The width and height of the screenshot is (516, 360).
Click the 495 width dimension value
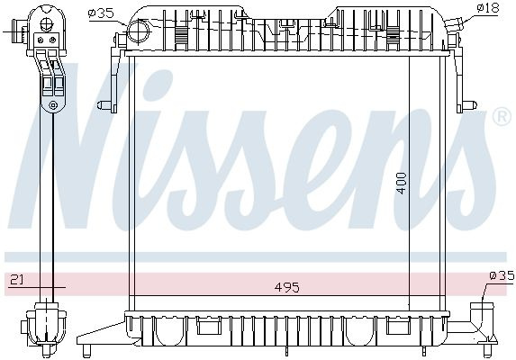[x=287, y=287]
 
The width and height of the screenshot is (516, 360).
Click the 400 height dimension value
[x=402, y=183]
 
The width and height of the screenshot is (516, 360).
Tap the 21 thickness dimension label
[x=16, y=280]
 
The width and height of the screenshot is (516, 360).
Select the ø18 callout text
[x=489, y=7]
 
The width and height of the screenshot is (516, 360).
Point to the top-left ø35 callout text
[x=101, y=13]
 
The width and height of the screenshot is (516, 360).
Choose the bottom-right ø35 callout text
[x=502, y=275]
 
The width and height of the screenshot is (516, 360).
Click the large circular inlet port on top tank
[x=138, y=31]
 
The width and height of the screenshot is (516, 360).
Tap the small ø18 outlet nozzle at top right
[x=454, y=24]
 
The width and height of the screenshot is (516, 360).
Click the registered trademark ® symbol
[x=502, y=117]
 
